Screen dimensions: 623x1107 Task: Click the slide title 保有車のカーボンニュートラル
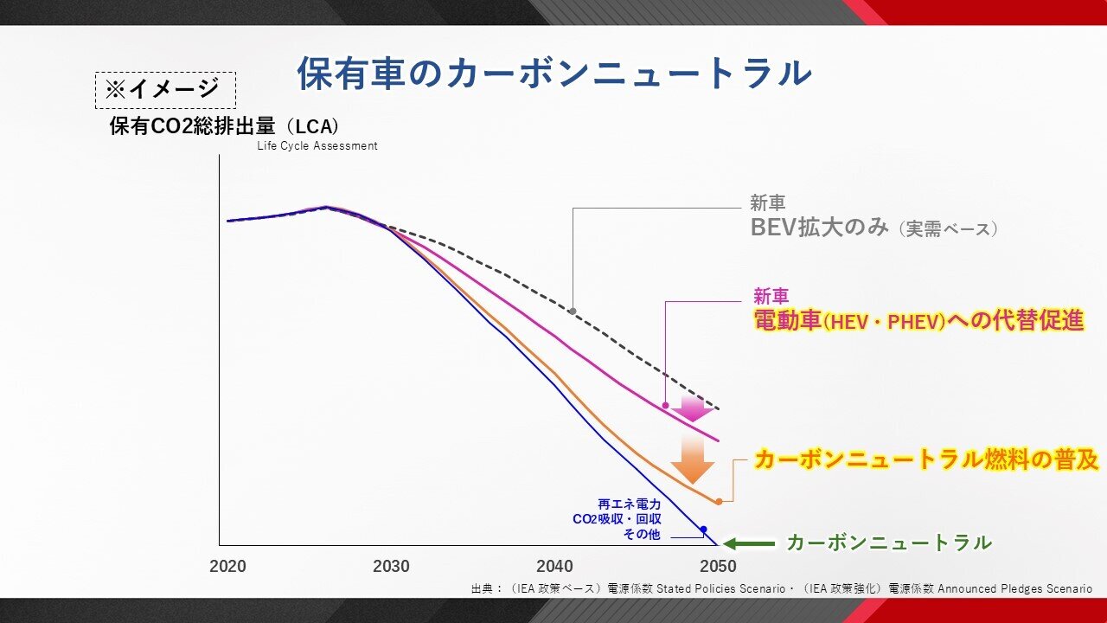coord(554,74)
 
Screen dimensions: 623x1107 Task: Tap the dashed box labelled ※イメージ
coord(164,89)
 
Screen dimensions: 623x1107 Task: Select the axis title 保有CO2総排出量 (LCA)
coord(224,125)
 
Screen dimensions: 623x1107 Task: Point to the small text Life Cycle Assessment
coord(317,146)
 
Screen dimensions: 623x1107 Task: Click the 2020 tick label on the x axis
coord(227,567)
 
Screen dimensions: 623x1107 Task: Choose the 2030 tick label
coord(391,567)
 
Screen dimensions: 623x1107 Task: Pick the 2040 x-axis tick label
coord(554,567)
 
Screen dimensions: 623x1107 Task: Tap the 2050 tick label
coord(718,567)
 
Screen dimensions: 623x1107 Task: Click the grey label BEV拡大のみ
coord(818,228)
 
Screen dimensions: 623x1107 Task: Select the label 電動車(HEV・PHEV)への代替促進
coord(918,321)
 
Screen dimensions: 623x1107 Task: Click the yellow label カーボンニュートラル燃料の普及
coord(926,459)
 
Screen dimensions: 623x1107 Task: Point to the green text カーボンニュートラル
coord(888,543)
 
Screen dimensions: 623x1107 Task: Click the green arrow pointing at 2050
coord(749,543)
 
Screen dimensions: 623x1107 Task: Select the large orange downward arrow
coord(693,459)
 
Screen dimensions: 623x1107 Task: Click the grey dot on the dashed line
coord(573,311)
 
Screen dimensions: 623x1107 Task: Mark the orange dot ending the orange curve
coord(719,501)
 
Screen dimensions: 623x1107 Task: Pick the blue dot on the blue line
coord(704,529)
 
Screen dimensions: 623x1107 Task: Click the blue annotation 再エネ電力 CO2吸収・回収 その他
coord(629,518)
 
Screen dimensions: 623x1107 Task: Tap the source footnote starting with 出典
coord(781,588)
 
